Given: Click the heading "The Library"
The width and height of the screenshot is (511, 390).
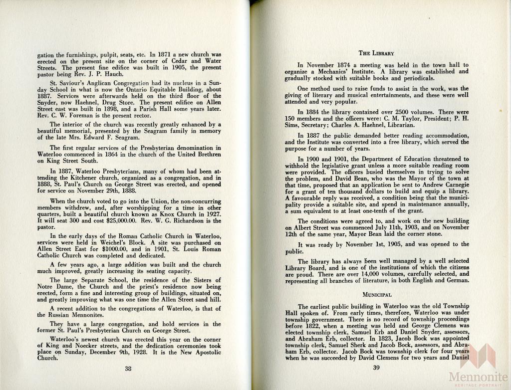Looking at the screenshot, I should tap(377, 53).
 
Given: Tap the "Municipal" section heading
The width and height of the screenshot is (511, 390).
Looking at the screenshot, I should tap(377, 294).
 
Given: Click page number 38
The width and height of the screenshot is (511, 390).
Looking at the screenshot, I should tap(128, 369).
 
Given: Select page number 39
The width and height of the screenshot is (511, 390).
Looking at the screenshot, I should tap(377, 368).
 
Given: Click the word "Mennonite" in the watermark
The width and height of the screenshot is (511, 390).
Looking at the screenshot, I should tap(478, 377).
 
